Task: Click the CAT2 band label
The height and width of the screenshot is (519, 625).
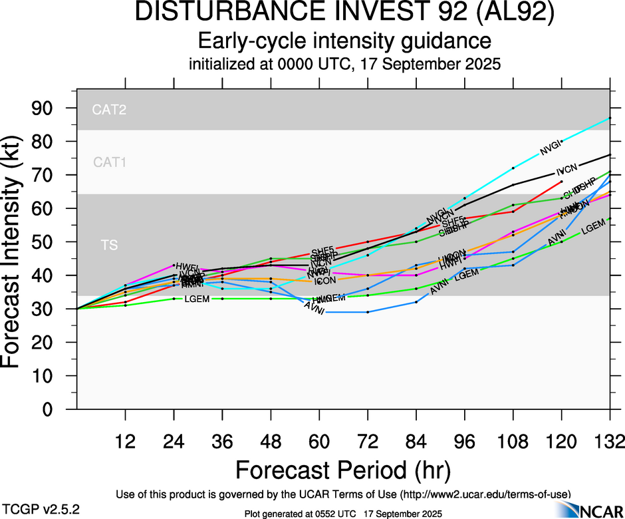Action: tap(110, 110)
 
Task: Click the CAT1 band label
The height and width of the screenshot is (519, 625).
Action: tap(110, 162)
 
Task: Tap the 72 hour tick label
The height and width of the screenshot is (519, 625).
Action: tap(367, 441)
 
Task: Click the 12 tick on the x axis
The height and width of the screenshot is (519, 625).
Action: tap(125, 441)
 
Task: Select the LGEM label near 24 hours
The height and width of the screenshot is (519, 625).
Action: tap(197, 299)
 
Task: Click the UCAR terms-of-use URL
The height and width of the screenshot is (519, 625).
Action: tap(485, 494)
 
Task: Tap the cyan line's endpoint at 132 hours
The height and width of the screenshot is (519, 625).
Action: tap(609, 118)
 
